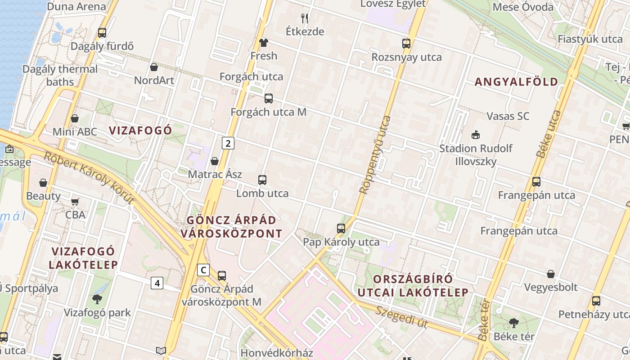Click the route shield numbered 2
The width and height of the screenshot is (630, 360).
point(228,144)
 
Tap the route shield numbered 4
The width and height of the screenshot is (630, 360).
point(157,283)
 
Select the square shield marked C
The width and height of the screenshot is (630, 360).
point(203,270)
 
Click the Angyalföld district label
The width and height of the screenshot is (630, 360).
point(516,82)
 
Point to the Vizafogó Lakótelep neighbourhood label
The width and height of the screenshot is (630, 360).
point(83,258)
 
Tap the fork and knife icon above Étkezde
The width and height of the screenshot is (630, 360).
point(305,18)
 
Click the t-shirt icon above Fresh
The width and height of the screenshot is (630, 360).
point(264,43)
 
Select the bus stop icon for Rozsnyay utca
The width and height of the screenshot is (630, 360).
point(406,44)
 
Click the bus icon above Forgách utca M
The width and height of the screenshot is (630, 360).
point(269,99)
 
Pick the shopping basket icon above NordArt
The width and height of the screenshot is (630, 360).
point(154,67)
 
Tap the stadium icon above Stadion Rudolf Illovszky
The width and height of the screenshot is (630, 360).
point(475,135)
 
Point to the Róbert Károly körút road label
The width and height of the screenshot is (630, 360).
point(89,178)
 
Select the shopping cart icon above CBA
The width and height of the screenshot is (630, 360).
point(75,201)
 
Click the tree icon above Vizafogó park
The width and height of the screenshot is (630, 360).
point(97,299)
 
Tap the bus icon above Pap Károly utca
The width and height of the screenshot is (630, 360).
point(341,229)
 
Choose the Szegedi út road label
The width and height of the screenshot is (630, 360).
point(401,317)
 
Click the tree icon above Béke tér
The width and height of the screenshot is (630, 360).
point(513,323)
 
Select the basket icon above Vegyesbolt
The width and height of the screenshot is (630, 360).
point(551,274)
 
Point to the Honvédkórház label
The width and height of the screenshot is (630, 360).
point(276,353)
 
